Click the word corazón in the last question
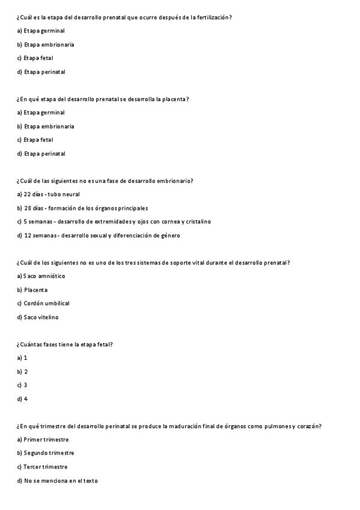310,426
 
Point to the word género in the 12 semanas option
168,235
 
